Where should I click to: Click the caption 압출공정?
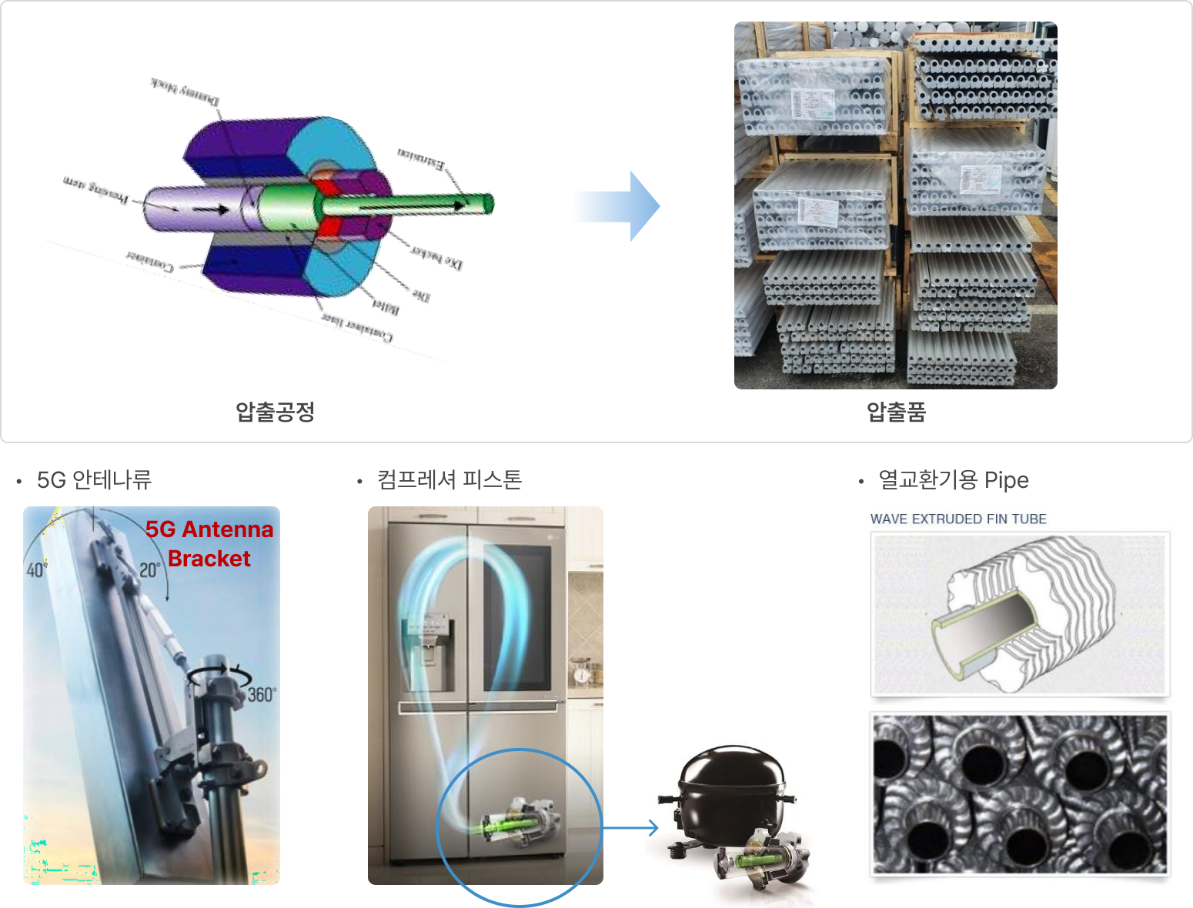275,412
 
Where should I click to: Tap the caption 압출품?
896,412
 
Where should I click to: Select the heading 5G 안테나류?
94,480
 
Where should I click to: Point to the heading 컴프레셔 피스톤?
449,480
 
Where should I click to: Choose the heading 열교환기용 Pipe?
954,480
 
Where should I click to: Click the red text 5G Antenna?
209,529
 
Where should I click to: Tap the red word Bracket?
209,559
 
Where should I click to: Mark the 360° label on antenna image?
262,695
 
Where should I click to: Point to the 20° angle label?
149,570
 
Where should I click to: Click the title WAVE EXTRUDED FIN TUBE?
958,519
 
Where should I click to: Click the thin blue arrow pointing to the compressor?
631,828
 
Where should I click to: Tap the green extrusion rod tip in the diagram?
486,203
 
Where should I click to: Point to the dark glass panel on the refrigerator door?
516,616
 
